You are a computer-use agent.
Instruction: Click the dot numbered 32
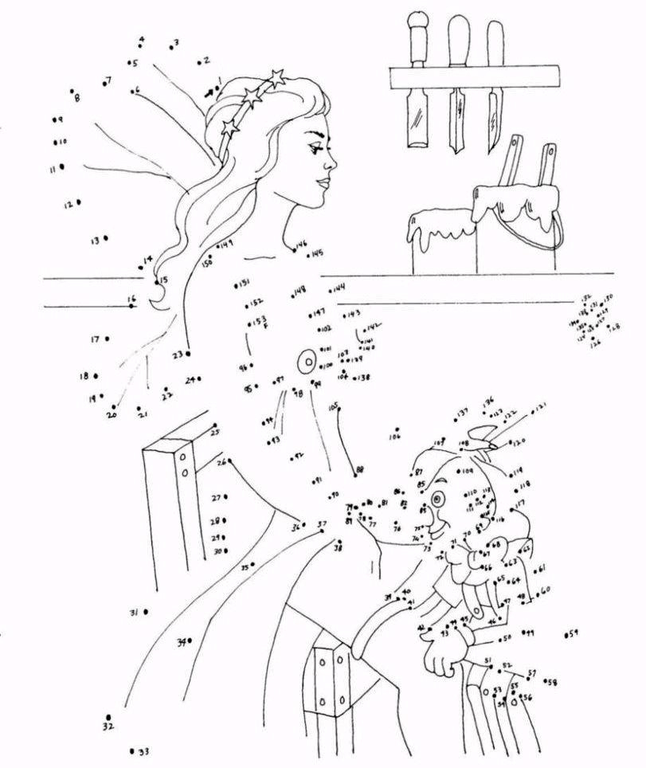pos(108,717)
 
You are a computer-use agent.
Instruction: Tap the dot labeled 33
pos(131,750)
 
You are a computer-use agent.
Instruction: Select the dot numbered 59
pos(566,635)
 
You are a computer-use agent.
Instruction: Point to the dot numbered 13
pos(106,237)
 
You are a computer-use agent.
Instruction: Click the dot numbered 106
pos(396,429)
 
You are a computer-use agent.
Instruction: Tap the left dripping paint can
pos(440,239)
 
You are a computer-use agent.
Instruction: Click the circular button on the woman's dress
pos(306,363)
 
